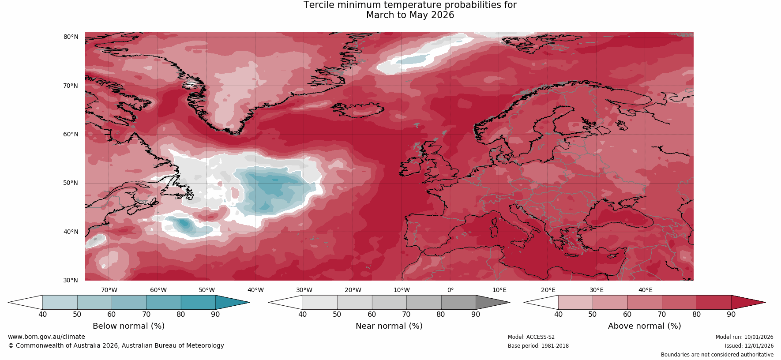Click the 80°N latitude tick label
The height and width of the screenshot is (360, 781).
tap(71, 37)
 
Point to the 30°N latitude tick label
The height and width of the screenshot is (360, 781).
tap(71, 280)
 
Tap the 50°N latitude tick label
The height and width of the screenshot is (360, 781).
tap(71, 183)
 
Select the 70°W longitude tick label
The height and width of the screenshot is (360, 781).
tap(109, 290)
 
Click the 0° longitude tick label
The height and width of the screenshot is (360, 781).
tap(451, 290)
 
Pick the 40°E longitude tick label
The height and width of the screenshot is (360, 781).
tap(646, 290)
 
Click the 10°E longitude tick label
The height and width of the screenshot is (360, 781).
tap(499, 290)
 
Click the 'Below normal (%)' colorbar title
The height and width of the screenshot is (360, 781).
tap(128, 326)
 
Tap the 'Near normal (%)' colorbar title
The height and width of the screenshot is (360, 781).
tap(389, 326)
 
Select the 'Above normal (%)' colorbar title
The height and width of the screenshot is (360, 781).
tap(644, 326)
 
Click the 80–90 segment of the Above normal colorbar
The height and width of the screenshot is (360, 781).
tap(713, 302)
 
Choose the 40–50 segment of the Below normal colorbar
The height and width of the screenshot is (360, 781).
tap(60, 302)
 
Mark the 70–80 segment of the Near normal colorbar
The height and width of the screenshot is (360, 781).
tap(424, 302)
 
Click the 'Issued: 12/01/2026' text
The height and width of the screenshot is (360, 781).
tap(749, 346)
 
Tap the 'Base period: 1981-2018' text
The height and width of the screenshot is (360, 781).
tap(538, 346)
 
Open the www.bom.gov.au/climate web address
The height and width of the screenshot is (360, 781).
tap(46, 337)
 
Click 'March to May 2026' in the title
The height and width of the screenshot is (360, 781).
tap(410, 15)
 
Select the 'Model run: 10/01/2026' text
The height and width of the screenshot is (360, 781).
tap(744, 337)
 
